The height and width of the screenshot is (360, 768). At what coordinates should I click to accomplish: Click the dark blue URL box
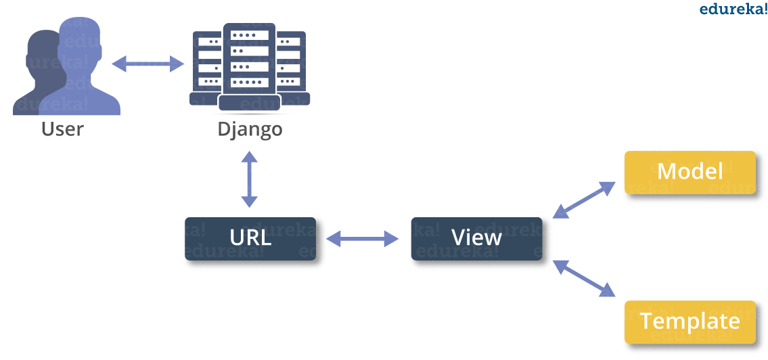(x=250, y=239)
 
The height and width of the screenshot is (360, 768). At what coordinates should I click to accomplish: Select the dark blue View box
(x=476, y=239)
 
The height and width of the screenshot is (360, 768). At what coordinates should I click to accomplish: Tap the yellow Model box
(x=690, y=173)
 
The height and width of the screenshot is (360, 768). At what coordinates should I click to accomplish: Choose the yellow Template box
(x=690, y=321)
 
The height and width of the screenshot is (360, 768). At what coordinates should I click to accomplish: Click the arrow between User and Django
(x=148, y=64)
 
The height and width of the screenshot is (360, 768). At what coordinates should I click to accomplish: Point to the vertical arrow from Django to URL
(x=250, y=179)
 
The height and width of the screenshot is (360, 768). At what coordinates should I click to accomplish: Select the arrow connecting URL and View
(x=363, y=238)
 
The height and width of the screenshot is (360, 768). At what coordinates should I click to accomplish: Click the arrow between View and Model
(x=584, y=200)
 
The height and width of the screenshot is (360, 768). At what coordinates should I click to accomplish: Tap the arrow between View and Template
(x=584, y=278)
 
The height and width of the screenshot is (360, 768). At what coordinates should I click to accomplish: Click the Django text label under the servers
(x=250, y=129)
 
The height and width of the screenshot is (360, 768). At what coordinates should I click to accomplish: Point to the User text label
(x=62, y=129)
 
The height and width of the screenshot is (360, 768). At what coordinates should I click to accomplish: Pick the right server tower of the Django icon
(x=291, y=64)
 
